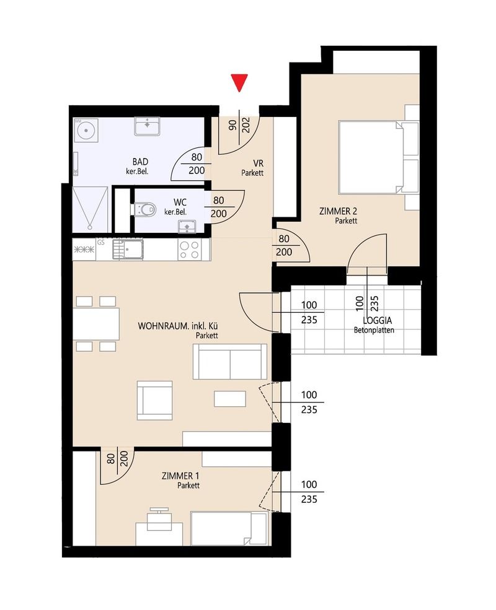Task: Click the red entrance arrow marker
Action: click(x=239, y=82)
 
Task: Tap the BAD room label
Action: click(x=140, y=162)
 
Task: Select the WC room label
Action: click(x=180, y=203)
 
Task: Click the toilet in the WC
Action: click(x=144, y=210)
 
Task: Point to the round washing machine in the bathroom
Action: click(x=86, y=129)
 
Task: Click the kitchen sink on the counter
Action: click(x=128, y=249)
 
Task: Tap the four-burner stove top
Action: click(x=189, y=250)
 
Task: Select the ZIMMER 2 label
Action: click(x=338, y=211)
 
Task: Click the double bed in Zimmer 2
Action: click(x=371, y=157)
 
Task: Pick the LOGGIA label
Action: click(x=377, y=321)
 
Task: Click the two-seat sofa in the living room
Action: click(x=229, y=362)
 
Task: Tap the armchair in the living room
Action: click(x=154, y=400)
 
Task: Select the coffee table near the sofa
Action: click(x=229, y=399)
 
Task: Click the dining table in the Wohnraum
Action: click(x=96, y=324)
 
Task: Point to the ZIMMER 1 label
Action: click(x=180, y=476)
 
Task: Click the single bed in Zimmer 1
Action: click(x=229, y=528)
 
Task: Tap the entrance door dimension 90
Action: click(x=233, y=125)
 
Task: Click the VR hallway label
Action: click(x=258, y=163)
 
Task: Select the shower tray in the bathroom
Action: click(x=90, y=209)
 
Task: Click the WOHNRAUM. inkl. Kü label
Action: click(x=177, y=326)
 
